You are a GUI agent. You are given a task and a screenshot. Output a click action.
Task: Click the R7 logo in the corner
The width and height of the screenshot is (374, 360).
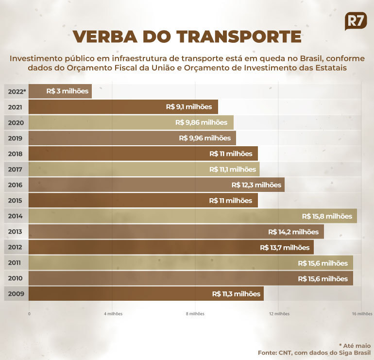click(x=356, y=21)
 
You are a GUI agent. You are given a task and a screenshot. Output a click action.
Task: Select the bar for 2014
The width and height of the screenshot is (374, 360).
click(x=193, y=216)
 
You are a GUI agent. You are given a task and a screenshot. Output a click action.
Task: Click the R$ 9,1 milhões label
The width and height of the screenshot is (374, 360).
click(x=189, y=107)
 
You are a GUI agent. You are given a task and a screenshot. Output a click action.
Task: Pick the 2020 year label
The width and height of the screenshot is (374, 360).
click(x=16, y=122)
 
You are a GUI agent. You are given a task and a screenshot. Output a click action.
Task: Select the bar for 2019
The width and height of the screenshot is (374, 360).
click(x=132, y=138)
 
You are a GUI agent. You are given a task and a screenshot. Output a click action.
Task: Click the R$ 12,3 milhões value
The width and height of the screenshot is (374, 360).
click(x=256, y=185)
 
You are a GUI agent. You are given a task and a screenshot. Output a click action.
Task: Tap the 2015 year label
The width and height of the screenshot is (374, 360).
click(x=16, y=200)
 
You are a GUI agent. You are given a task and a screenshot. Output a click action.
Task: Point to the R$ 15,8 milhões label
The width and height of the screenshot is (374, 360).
click(x=326, y=216)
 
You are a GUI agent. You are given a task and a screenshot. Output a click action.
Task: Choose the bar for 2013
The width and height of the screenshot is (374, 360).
click(x=176, y=232)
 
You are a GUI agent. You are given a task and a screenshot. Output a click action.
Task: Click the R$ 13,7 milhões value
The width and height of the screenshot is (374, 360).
click(x=285, y=247)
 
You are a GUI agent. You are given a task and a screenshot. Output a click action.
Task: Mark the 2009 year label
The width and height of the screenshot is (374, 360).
click(x=16, y=294)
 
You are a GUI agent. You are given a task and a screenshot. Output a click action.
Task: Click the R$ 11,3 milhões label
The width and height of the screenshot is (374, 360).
click(x=236, y=294)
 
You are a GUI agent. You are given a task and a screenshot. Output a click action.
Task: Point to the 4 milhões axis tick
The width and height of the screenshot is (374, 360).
click(x=113, y=314)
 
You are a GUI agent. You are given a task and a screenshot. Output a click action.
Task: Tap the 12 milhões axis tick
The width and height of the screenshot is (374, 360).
click(x=279, y=314)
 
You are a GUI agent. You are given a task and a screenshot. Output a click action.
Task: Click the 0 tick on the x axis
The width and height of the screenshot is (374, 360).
click(x=29, y=314)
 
